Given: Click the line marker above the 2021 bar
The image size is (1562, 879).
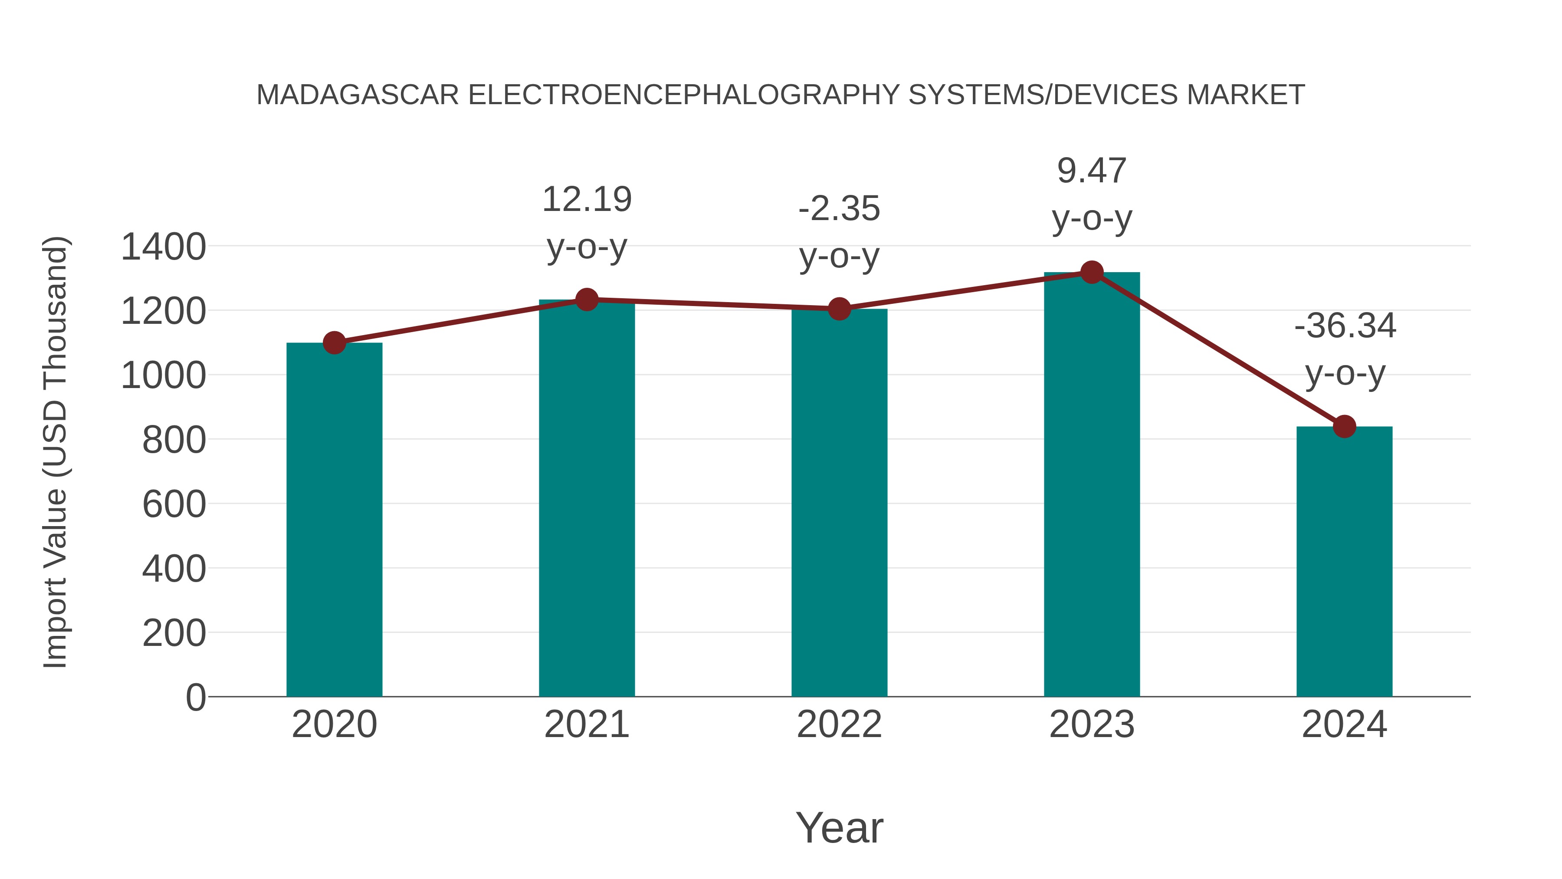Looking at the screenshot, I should pos(586,299).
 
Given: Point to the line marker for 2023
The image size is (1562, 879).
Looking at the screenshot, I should pos(1092,272).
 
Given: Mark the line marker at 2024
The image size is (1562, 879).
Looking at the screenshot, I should pos(1344,426).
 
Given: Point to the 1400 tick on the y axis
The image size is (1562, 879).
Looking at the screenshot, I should pos(163,247).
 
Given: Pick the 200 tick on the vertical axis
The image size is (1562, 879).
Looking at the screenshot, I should pos(174,633).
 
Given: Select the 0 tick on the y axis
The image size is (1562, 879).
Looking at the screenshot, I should pos(195,697).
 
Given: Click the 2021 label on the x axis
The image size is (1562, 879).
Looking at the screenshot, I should pos(586,724).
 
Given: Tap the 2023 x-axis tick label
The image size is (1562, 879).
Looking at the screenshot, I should pos(1092,724).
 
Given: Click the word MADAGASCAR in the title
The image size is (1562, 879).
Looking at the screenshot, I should pos(358,95).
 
